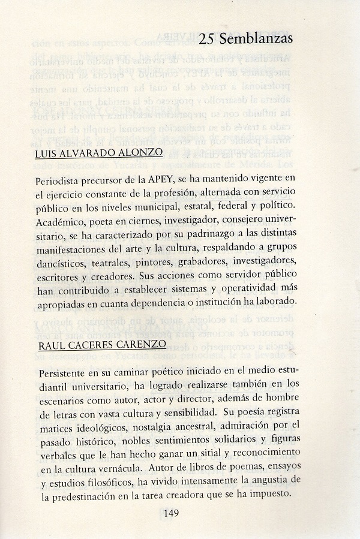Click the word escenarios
[x=64, y=399]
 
